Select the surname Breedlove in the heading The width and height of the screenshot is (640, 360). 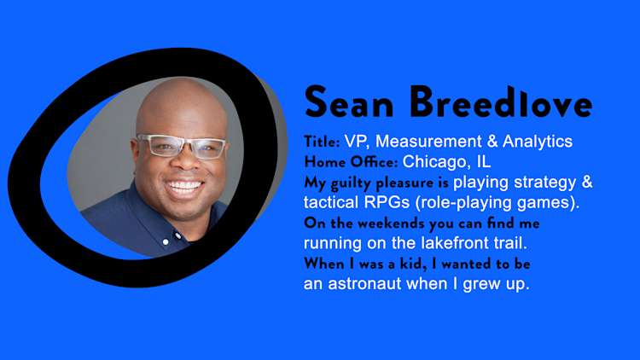pos(500,103)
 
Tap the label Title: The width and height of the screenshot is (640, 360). pos(322,142)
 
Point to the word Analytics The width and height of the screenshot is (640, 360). pos(538,142)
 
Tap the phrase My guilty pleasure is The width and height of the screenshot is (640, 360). pos(376,183)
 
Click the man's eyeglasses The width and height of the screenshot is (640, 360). pos(181,145)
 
